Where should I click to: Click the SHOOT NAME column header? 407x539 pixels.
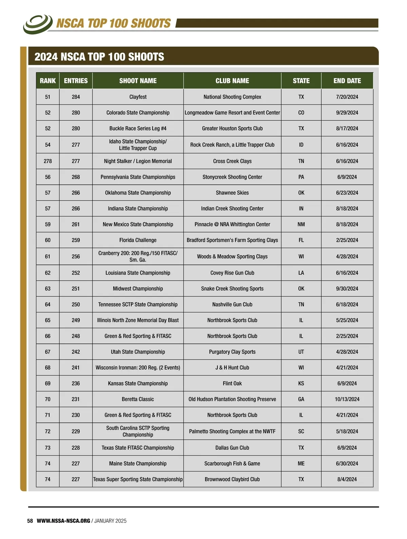pyautogui.click(x=138, y=81)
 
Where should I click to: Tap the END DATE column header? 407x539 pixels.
pyautogui.click(x=347, y=81)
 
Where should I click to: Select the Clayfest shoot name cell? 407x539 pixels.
pyautogui.click(x=138, y=97)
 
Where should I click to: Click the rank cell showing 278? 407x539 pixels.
pyautogui.click(x=47, y=161)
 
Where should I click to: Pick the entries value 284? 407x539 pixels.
pyautogui.click(x=76, y=97)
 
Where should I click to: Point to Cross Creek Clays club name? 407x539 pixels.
pyautogui.click(x=232, y=161)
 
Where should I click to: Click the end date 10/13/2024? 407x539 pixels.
pyautogui.click(x=347, y=399)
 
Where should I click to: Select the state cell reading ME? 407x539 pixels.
pyautogui.click(x=301, y=464)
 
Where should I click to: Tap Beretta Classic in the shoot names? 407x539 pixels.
pyautogui.click(x=138, y=399)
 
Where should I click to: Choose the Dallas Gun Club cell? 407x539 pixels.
pyautogui.click(x=232, y=448)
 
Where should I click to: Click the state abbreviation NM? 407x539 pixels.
pyautogui.click(x=301, y=224)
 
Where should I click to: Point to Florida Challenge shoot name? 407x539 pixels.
pyautogui.click(x=138, y=240)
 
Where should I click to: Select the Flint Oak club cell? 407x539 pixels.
pyautogui.click(x=232, y=384)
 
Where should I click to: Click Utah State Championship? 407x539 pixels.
pyautogui.click(x=138, y=352)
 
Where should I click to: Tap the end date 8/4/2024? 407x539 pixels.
pyautogui.click(x=347, y=479)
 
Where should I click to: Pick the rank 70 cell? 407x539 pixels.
pyautogui.click(x=47, y=399)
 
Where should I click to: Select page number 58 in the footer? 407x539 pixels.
pyautogui.click(x=30, y=521)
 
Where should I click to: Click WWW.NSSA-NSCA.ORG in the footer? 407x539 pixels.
pyautogui.click(x=63, y=521)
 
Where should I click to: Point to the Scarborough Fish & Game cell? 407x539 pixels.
pyautogui.click(x=232, y=464)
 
